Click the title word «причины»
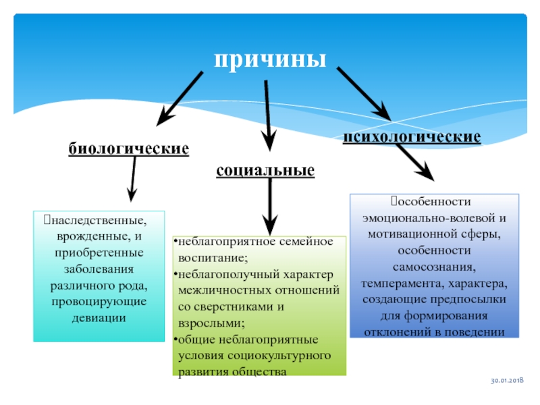pyautogui.click(x=270, y=60)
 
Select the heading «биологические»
pyautogui.click(x=129, y=148)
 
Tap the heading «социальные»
pyautogui.click(x=265, y=171)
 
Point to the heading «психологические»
pyautogui.click(x=412, y=137)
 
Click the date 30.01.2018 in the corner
pyautogui.click(x=507, y=380)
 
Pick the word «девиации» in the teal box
pyautogui.click(x=99, y=317)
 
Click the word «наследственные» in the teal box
pyautogui.click(x=99, y=221)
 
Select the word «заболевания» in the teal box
pyautogui.click(x=99, y=269)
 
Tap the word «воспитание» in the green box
pyautogui.click(x=212, y=258)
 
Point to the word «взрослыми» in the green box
pyautogui.click(x=211, y=323)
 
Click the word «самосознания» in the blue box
pyautogui.click(x=434, y=267)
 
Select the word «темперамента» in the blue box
pyautogui.click(x=400, y=283)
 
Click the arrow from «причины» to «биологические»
pyautogui.click(x=180, y=99)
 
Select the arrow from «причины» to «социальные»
pyautogui.click(x=267, y=116)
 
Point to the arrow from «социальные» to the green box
pyautogui.click(x=271, y=207)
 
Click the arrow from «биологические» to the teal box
pyautogui.click(x=132, y=179)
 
